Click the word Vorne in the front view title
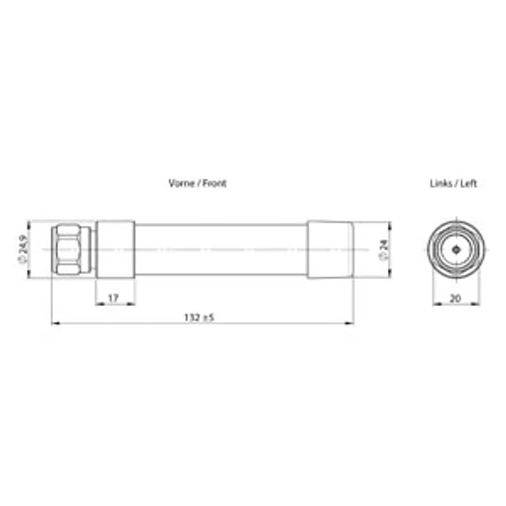[182, 183]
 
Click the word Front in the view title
[214, 183]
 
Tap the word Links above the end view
[441, 183]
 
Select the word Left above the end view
[468, 183]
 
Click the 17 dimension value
[113, 298]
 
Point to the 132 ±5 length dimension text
[199, 318]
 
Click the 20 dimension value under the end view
[455, 298]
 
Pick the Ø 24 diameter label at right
[384, 249]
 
